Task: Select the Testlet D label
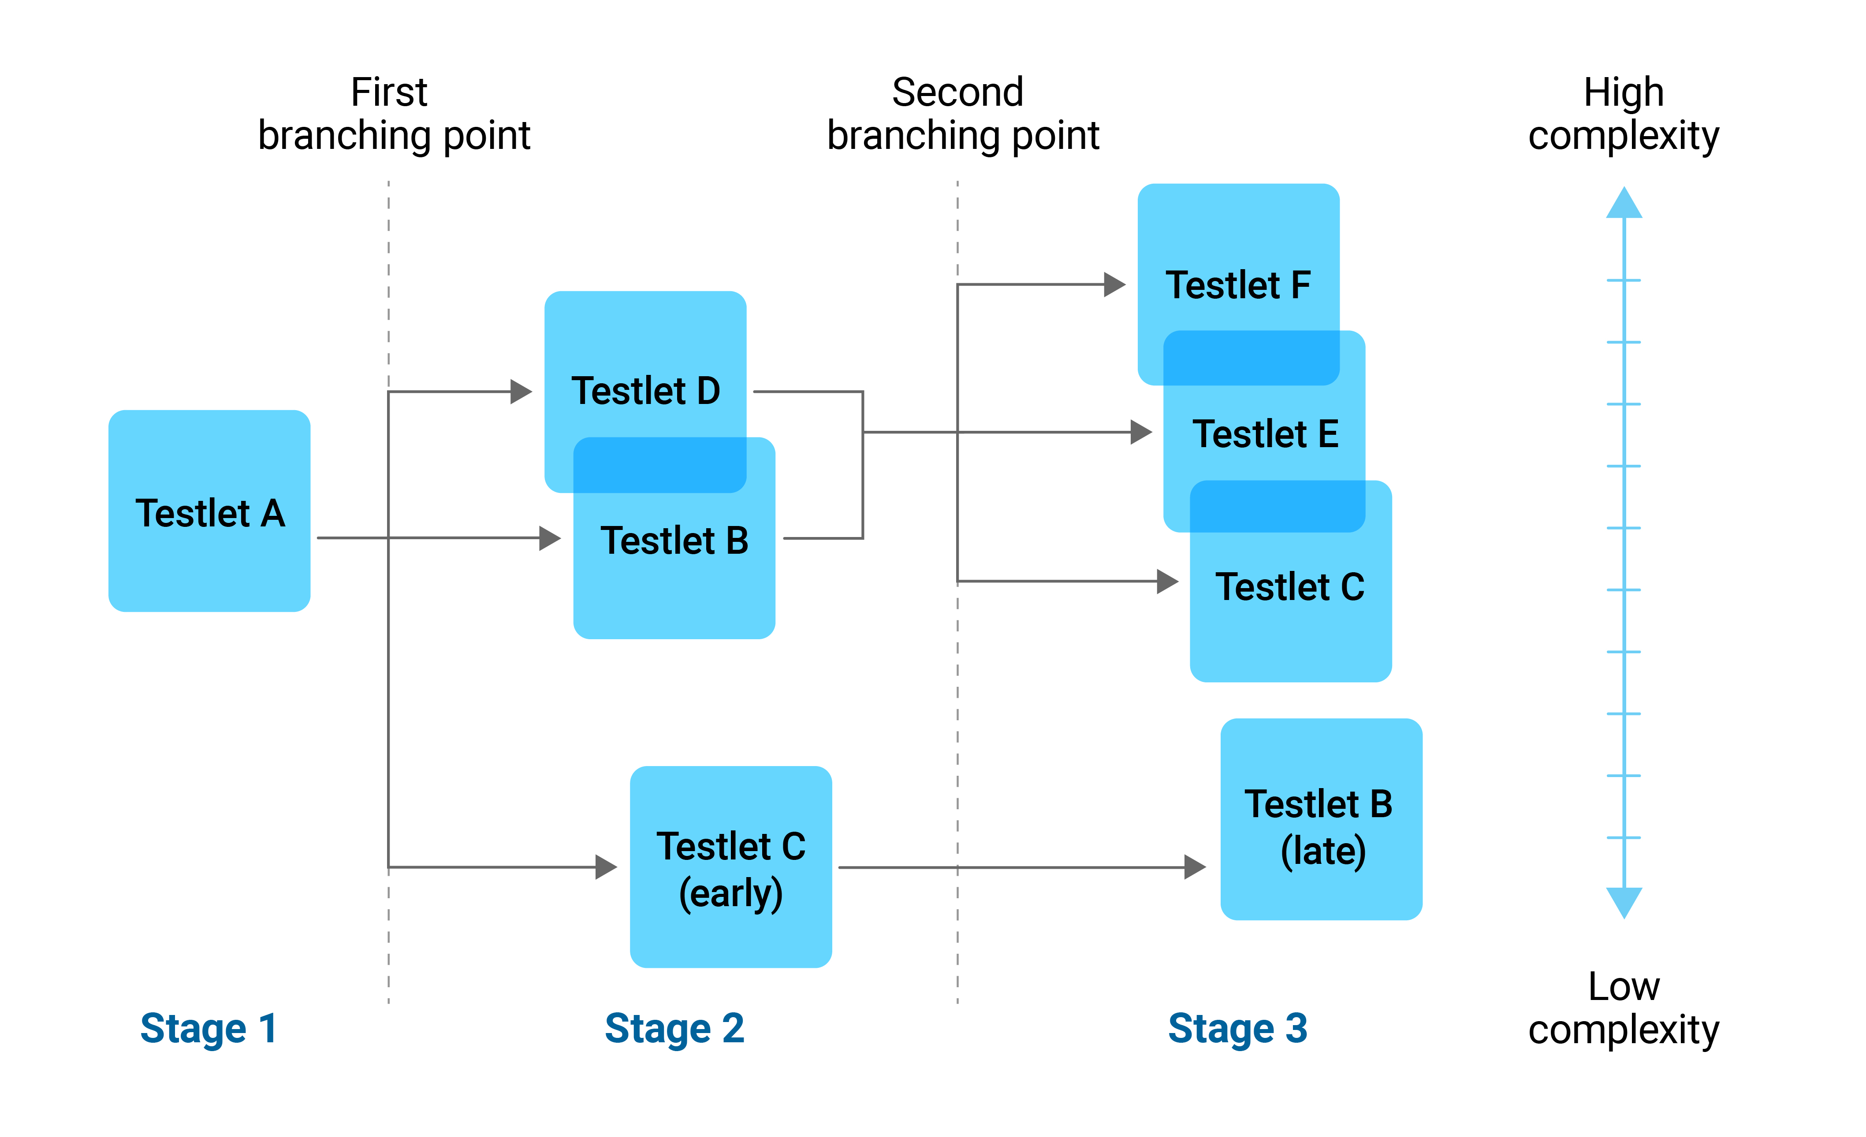click(x=645, y=391)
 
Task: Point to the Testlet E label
click(x=1265, y=434)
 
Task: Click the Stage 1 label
click(x=209, y=1029)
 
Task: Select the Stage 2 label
click(x=674, y=1029)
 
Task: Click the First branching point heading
click(x=393, y=114)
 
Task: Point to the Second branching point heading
click(x=962, y=114)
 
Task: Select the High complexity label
click(x=1623, y=114)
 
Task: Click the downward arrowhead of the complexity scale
click(x=1624, y=902)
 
